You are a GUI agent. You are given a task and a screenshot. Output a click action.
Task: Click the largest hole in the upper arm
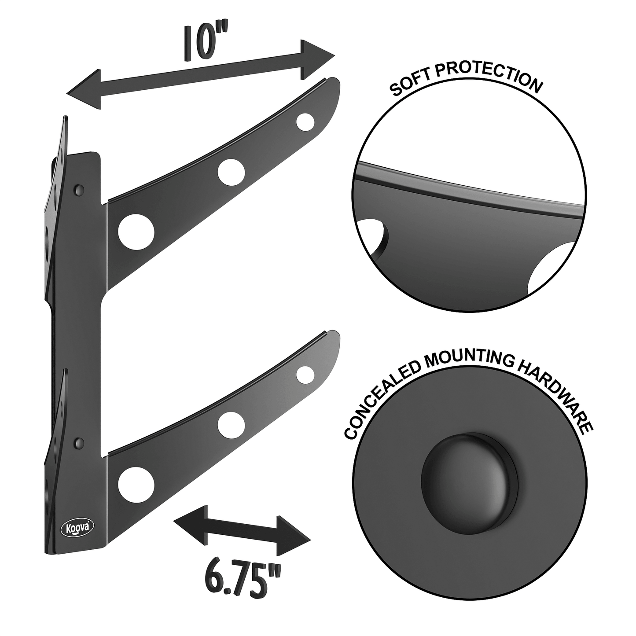(136, 231)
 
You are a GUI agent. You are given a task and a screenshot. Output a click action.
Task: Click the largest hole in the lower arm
(136, 483)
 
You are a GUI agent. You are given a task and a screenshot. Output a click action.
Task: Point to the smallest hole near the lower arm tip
(305, 374)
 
